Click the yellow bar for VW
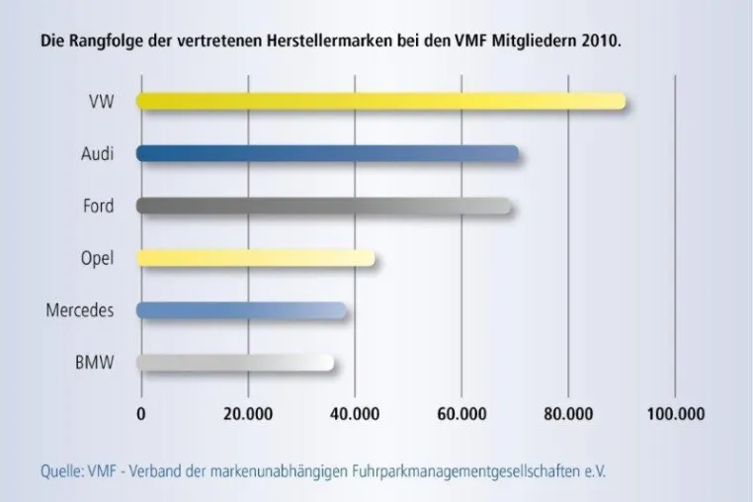coord(380,102)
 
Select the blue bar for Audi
coord(327,153)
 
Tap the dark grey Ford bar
coord(324,206)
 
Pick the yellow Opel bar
coord(256,258)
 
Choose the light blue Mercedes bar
coord(241,310)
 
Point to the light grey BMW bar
coord(235,363)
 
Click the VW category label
coord(102,102)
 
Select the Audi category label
coord(98,154)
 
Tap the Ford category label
coord(99,206)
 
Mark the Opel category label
coord(98,259)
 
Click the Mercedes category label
coord(80,310)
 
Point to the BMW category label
coord(95,363)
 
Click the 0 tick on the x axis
coord(140,414)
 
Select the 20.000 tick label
coord(248,414)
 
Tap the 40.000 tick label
coord(355,414)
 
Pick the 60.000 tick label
coord(461,414)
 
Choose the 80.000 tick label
coord(568,414)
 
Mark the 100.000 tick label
coord(676,414)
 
